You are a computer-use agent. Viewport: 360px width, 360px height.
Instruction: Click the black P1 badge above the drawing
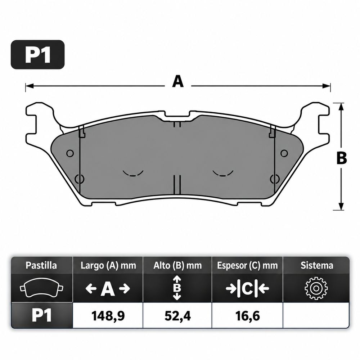click(38, 55)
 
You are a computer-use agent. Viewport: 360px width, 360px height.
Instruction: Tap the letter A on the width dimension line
click(178, 82)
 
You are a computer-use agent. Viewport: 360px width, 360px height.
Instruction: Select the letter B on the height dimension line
click(342, 158)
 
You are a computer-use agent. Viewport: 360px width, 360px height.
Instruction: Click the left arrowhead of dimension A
click(30, 86)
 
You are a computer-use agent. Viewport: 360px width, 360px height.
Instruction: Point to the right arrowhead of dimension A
click(326, 86)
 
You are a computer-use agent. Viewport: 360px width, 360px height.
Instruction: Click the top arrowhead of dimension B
click(341, 107)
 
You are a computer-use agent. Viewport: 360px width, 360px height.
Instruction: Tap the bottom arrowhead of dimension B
click(341, 206)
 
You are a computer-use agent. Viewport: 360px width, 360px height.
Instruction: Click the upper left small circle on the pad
click(70, 153)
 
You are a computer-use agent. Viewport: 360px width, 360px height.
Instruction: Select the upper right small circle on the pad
click(284, 153)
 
